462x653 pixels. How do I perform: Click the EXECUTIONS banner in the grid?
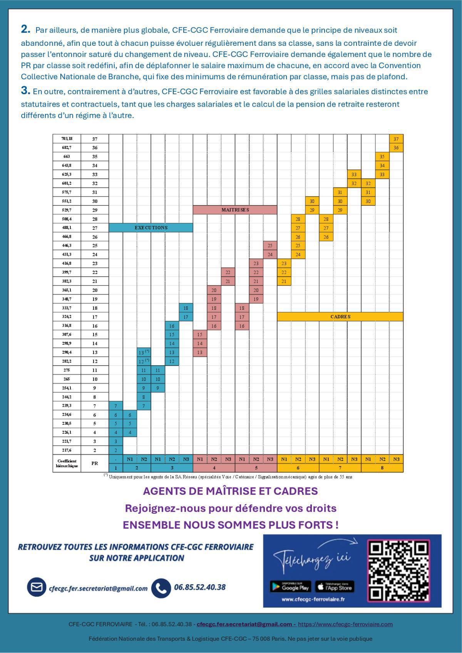(151, 228)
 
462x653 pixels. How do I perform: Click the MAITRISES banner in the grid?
(235, 210)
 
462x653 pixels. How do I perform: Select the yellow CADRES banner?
(340, 317)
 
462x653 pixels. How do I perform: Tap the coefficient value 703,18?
(67, 139)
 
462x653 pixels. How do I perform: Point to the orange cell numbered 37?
(396, 139)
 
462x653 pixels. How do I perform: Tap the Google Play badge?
(291, 587)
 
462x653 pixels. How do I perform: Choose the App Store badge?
(335, 587)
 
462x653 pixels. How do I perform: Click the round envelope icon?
(37, 587)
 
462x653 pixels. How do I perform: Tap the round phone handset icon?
(161, 588)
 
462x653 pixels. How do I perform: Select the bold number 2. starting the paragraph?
(25, 29)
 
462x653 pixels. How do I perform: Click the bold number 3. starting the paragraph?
(25, 91)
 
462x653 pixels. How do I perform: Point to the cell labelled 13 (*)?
(144, 352)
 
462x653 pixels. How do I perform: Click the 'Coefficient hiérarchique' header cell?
(67, 463)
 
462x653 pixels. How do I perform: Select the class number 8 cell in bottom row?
(382, 468)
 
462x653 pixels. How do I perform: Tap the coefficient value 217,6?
(67, 450)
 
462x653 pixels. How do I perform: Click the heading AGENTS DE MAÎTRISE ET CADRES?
(230, 491)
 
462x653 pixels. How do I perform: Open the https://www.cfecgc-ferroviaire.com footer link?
(345, 624)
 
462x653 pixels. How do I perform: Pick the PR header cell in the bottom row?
(95, 463)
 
